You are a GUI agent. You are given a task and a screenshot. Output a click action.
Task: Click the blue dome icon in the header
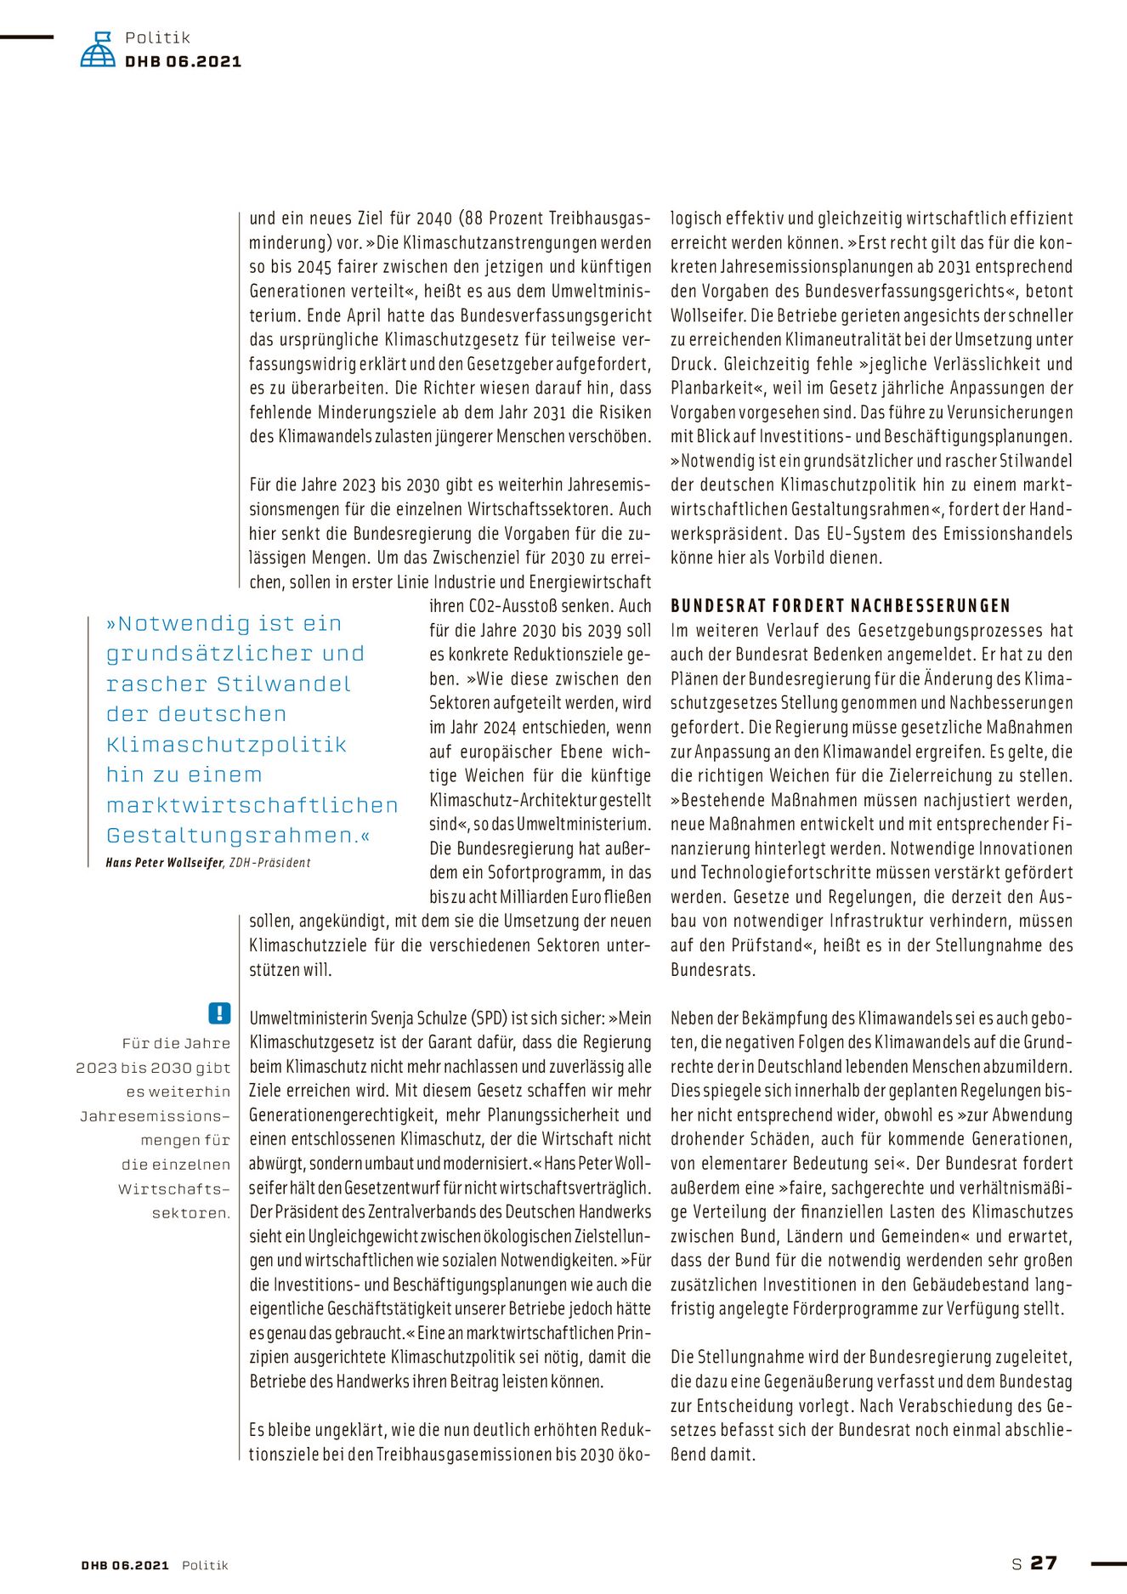tap(98, 50)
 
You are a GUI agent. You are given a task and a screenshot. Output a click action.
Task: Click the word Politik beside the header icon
tap(157, 37)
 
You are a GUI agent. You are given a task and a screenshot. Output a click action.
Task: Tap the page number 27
tap(1044, 1563)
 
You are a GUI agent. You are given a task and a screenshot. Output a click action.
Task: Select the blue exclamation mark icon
tap(219, 1013)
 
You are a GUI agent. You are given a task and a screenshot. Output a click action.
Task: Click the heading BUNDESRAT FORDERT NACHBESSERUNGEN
tap(840, 606)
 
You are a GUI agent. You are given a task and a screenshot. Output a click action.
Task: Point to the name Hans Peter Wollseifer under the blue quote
tap(164, 863)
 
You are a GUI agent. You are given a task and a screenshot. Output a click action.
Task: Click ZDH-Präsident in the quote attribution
tap(269, 863)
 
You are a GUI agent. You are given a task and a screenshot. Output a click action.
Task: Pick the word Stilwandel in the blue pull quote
tap(283, 684)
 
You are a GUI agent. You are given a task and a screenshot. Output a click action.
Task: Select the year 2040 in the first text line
tap(433, 218)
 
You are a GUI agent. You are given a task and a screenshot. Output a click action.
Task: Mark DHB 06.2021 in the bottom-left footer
tap(126, 1565)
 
